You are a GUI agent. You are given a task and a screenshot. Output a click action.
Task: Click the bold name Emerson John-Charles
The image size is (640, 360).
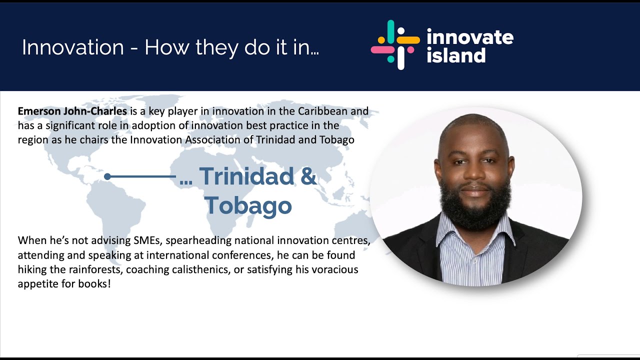click(72, 111)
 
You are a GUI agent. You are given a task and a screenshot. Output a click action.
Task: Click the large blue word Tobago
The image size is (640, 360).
click(248, 205)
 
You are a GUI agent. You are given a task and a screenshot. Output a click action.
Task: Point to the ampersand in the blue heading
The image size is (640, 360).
click(308, 176)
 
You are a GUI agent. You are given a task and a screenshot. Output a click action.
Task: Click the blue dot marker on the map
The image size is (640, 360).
click(107, 176)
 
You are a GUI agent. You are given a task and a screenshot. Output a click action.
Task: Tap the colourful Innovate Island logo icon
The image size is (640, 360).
click(395, 45)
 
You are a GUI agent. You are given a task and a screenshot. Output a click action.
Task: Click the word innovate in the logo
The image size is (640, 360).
click(469, 37)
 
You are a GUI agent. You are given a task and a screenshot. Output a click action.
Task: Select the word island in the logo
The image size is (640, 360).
click(455, 55)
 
